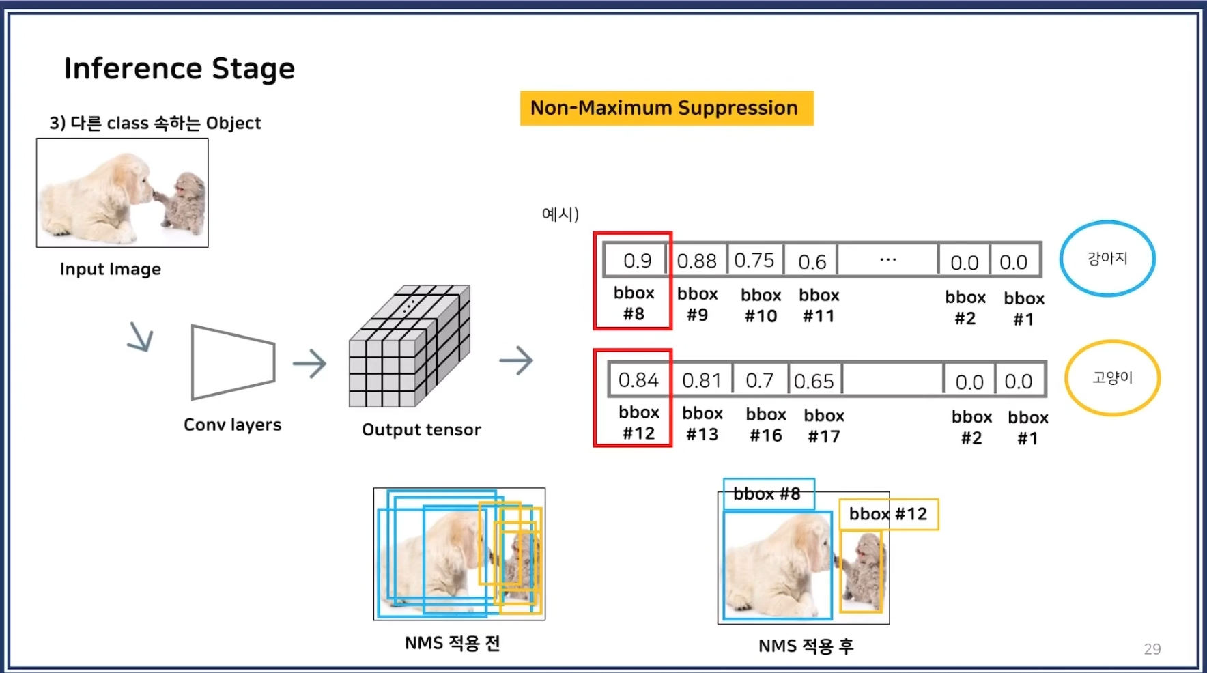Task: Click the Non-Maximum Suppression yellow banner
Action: pos(666,109)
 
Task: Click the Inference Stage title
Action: pos(179,68)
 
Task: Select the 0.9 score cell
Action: pos(637,261)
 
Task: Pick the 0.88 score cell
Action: pos(696,261)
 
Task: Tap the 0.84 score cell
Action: pos(638,380)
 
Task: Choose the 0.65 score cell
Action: pos(814,381)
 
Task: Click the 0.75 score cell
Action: pos(754,261)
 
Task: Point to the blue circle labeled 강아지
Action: pos(1107,259)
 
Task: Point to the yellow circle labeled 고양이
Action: pos(1112,377)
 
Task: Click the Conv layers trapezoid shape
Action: pos(233,362)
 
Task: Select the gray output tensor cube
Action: pos(409,346)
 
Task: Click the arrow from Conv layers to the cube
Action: pos(310,364)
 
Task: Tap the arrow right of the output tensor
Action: pos(516,360)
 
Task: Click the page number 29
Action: pos(1152,648)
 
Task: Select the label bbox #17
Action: pos(824,426)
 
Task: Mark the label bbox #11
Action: pos(819,305)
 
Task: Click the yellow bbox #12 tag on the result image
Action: pos(888,514)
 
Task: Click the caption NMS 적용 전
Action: pos(453,643)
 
